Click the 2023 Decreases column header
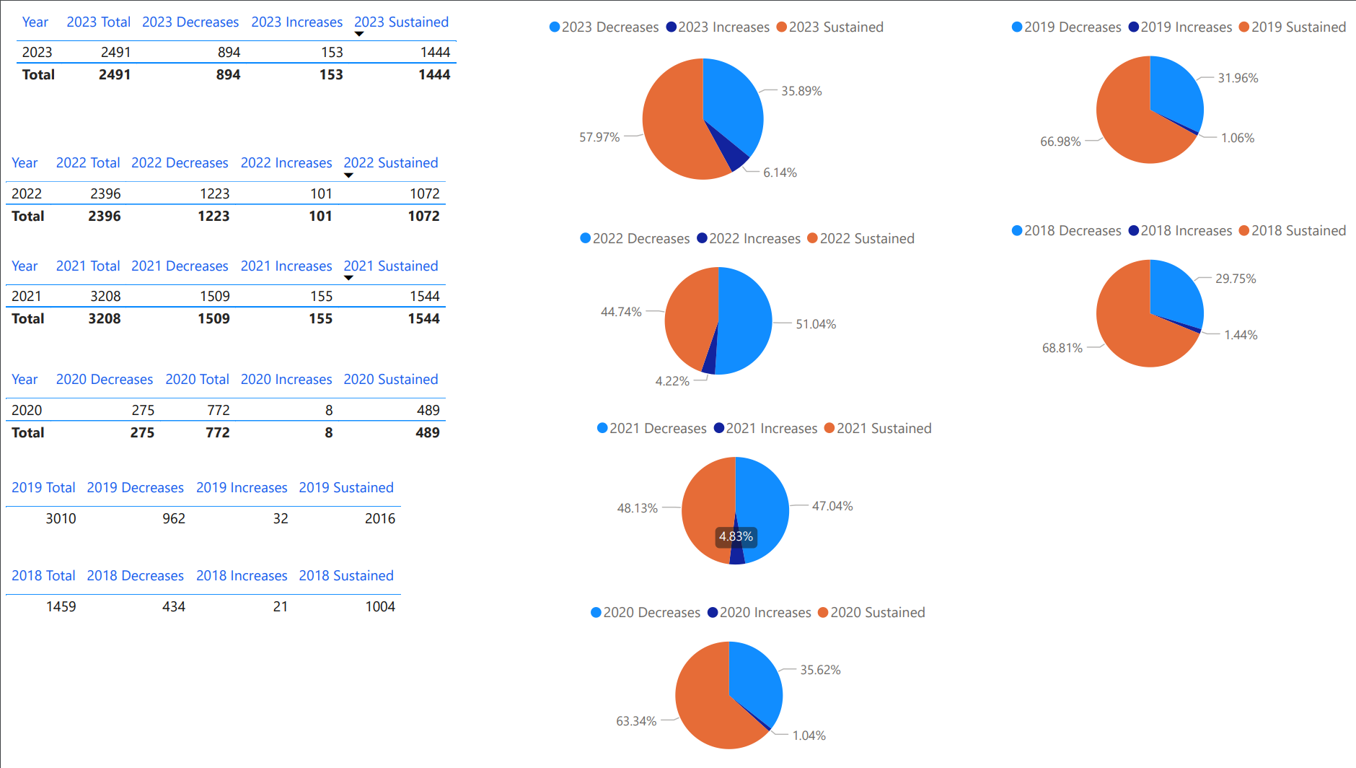coord(190,22)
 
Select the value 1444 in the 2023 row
coord(435,52)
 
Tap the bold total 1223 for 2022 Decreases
coord(213,216)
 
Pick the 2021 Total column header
coord(88,266)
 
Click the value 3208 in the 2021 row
coord(105,296)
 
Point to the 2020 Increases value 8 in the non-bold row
coord(329,410)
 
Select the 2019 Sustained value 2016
coord(380,518)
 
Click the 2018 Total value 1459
coord(61,606)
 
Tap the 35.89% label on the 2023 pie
coord(801,91)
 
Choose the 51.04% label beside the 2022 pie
coord(816,324)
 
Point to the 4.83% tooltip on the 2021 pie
coord(736,536)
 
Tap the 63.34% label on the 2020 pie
coord(636,721)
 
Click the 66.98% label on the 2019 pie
coord(1060,141)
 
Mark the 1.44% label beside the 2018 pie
coord(1241,335)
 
